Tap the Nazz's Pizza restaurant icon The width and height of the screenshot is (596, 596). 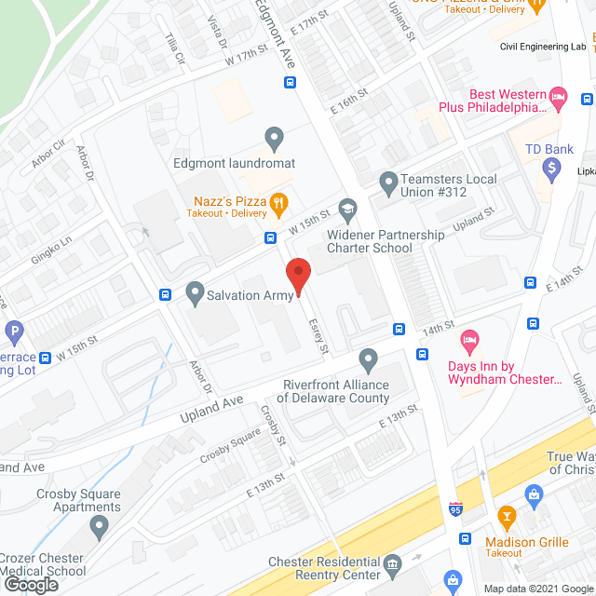[278, 202]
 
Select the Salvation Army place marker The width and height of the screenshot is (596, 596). [195, 294]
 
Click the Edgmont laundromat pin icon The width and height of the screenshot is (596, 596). [274, 140]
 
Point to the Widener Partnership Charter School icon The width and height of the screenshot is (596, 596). [347, 209]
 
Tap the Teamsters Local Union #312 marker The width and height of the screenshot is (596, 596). [387, 181]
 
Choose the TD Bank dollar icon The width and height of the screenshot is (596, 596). [551, 169]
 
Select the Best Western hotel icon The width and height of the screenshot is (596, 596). [559, 96]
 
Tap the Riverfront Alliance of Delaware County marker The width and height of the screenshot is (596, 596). [369, 359]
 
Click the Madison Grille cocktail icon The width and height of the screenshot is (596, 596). [507, 515]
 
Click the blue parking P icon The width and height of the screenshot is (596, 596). [14, 331]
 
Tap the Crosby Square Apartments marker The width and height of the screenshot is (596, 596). [100, 528]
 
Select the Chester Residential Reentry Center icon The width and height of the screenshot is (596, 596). [392, 563]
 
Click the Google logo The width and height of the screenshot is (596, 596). [30, 585]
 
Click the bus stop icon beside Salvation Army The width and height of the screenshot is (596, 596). [166, 295]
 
